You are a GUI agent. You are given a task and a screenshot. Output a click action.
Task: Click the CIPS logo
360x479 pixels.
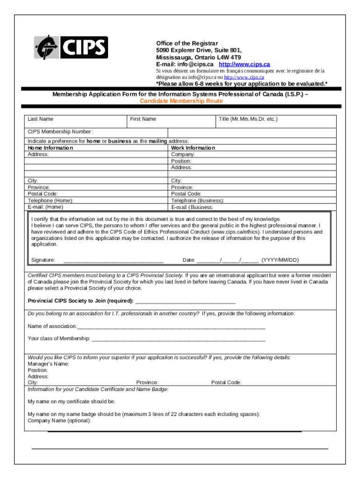pos(71,48)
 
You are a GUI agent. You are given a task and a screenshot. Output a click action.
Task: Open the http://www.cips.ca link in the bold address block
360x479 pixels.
pos(245,64)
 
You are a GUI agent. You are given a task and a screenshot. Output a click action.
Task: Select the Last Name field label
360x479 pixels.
pos(40,119)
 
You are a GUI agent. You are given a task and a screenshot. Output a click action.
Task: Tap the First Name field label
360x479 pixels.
pos(143,119)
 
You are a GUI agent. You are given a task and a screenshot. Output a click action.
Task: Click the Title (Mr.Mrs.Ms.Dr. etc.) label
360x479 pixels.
pos(248,119)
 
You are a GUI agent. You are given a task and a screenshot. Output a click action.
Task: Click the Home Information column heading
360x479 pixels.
pos(50,148)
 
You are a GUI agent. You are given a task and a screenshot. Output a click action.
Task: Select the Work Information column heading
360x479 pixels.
pos(193,148)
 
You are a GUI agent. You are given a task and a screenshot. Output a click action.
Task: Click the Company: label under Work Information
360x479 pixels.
pos(183,154)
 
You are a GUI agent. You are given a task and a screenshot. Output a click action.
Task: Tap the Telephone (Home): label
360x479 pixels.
pos(50,200)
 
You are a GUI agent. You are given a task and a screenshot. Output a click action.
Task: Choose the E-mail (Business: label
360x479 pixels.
pos(192,207)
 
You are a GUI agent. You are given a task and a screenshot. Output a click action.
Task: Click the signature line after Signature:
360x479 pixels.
pos(113,261)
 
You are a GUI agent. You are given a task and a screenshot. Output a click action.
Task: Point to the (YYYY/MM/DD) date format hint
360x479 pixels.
pos(280,260)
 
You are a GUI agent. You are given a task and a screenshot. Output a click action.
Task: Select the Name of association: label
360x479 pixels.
pos(52,326)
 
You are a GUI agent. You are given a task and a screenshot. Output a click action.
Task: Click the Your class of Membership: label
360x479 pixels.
pos(58,338)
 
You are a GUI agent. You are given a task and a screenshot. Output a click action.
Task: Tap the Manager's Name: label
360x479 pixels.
pos(49,364)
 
